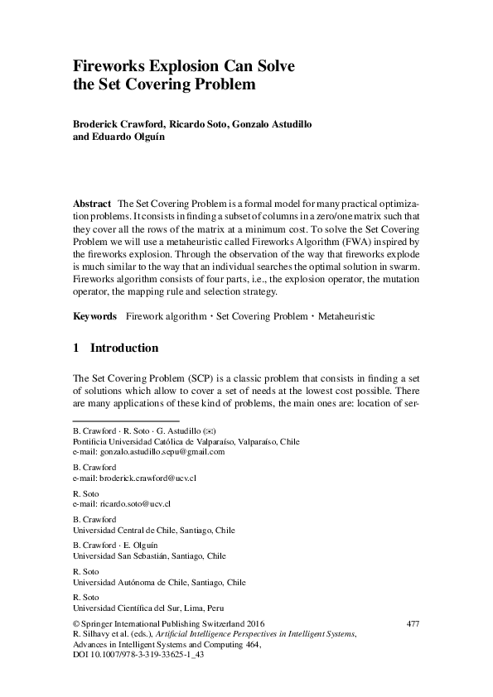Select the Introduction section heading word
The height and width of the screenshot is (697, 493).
pyautogui.click(x=123, y=348)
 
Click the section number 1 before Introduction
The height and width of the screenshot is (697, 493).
pyautogui.click(x=76, y=348)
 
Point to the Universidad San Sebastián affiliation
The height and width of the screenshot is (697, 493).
pyautogui.click(x=149, y=556)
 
